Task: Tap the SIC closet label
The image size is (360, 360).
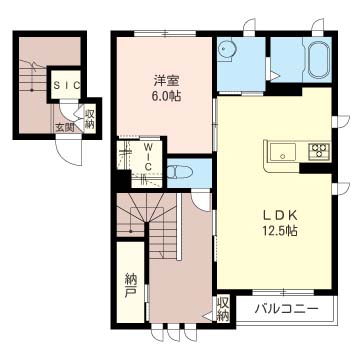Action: [x=67, y=87]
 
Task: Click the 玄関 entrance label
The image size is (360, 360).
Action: [x=64, y=127]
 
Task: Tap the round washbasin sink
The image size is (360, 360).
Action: [x=230, y=49]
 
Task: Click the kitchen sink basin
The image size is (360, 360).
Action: [x=281, y=152]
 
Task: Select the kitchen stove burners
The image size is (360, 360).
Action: [x=319, y=152]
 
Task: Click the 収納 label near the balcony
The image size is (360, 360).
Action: [x=223, y=307]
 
